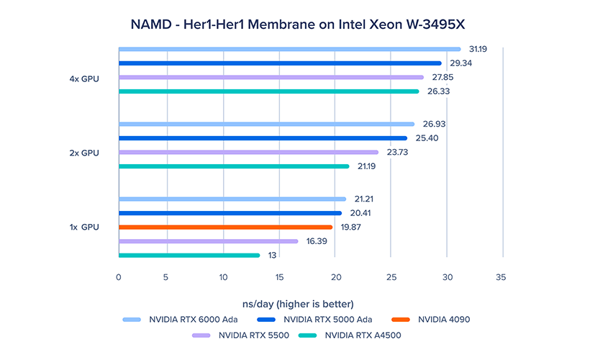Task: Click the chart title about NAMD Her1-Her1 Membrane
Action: pyautogui.click(x=297, y=24)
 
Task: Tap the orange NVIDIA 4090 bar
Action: pyautogui.click(x=225, y=227)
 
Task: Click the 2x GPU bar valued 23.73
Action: pyautogui.click(x=247, y=152)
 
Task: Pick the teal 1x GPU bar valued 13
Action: pyautogui.click(x=189, y=255)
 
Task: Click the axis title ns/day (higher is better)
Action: pyautogui.click(x=297, y=302)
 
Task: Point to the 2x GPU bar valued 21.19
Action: pyautogui.click(x=233, y=166)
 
